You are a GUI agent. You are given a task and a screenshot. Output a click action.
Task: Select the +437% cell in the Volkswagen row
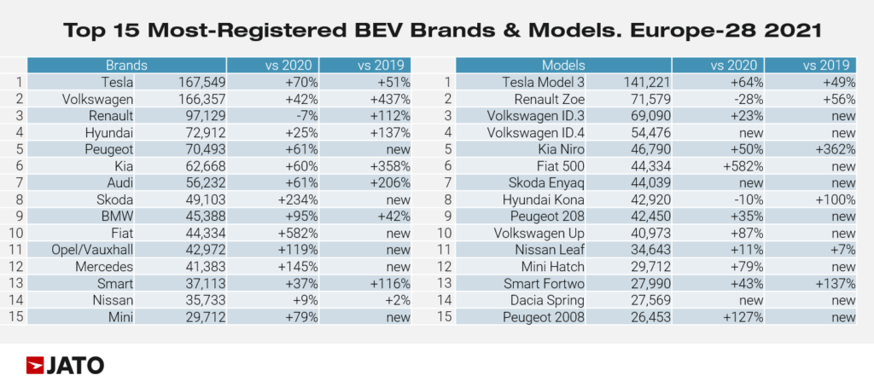click(x=388, y=99)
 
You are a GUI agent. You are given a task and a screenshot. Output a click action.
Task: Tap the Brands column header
click(x=126, y=66)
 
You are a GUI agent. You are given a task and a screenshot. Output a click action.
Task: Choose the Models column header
click(x=563, y=66)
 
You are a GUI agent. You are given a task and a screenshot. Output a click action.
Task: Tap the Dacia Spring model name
click(x=546, y=301)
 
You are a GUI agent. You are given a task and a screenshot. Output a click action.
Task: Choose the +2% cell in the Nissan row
click(x=396, y=301)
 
